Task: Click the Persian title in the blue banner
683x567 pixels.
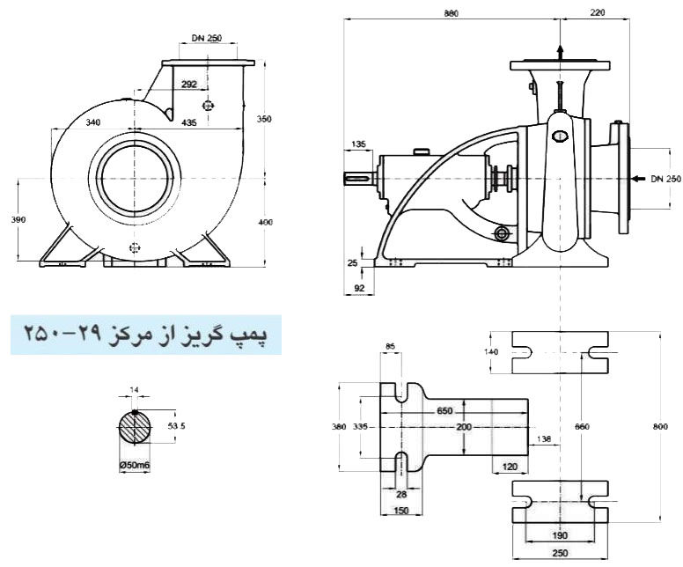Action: click(x=145, y=335)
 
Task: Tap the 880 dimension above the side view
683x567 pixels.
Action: click(x=452, y=14)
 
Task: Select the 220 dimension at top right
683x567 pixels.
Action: click(x=598, y=14)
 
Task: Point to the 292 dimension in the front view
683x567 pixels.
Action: click(x=188, y=85)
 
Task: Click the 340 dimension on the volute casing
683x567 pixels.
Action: click(x=86, y=123)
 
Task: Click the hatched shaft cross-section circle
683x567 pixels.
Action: click(x=135, y=429)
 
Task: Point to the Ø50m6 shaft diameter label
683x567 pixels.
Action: click(x=135, y=466)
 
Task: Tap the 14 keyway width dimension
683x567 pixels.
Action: click(x=135, y=389)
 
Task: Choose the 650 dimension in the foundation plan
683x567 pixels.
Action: click(x=444, y=411)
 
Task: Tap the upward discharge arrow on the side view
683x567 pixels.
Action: click(x=558, y=51)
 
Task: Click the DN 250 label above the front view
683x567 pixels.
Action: click(x=207, y=39)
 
